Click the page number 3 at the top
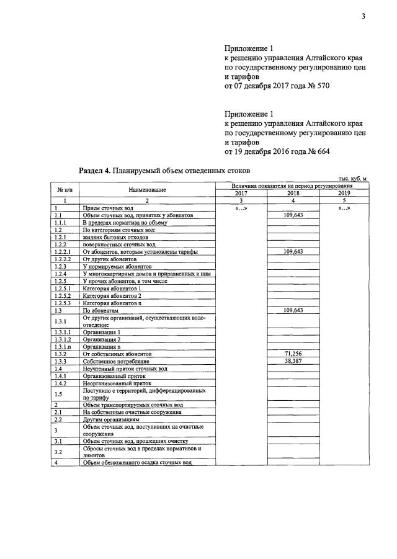tap(365, 16)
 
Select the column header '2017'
tap(241, 193)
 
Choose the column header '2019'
tap(343, 193)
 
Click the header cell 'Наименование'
tap(148, 189)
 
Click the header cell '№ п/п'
tap(65, 189)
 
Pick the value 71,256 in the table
tap(293, 353)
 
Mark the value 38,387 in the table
tap(293, 360)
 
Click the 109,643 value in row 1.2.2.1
tap(293, 251)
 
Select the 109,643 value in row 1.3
tap(293, 310)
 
